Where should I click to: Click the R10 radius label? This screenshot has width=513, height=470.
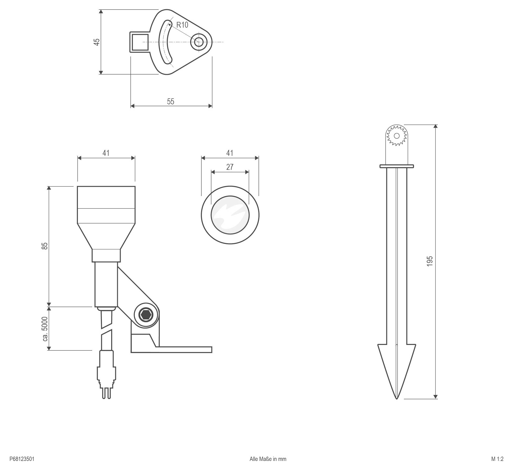[182, 25]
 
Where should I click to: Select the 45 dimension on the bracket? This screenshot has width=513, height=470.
[97, 42]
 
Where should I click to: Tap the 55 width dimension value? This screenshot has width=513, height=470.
[170, 101]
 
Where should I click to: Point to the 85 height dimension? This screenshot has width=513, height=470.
[45, 246]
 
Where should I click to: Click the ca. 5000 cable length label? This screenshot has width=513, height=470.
[45, 329]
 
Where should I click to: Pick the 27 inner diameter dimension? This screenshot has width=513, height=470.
[229, 167]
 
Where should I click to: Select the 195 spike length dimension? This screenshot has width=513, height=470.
[429, 261]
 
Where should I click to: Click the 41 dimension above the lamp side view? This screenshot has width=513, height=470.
[106, 153]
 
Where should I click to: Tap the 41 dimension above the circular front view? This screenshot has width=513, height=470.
[229, 153]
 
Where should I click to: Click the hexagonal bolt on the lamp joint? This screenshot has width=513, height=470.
[146, 315]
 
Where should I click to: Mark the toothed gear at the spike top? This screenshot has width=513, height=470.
[396, 136]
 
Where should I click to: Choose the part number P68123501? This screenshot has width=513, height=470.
[22, 459]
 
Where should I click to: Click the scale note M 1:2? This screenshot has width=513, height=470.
[497, 459]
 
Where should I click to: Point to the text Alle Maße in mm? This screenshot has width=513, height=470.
[268, 459]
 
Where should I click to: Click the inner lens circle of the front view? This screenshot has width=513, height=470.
[230, 215]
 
